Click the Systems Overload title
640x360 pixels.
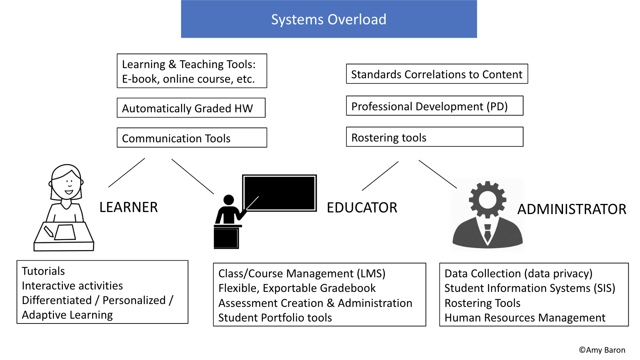tap(329, 19)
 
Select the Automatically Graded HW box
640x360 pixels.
tap(191, 108)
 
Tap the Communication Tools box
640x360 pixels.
tap(192, 138)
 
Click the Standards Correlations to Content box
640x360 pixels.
tap(436, 74)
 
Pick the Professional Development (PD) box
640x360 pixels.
tap(434, 106)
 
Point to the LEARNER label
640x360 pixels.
tap(128, 208)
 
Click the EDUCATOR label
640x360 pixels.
tap(362, 208)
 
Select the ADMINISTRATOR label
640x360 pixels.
tap(571, 210)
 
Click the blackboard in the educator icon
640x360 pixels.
tap(279, 193)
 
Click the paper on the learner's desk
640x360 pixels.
tap(65, 232)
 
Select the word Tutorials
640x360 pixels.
tap(43, 271)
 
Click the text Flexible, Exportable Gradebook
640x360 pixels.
tap(297, 288)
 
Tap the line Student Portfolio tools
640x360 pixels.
tap(275, 318)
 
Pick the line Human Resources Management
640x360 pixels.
tap(524, 318)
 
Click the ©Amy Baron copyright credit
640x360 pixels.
tap(602, 350)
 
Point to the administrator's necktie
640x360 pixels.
tap(488, 233)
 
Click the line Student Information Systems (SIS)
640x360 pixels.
tap(529, 288)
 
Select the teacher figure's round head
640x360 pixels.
tap(229, 200)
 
